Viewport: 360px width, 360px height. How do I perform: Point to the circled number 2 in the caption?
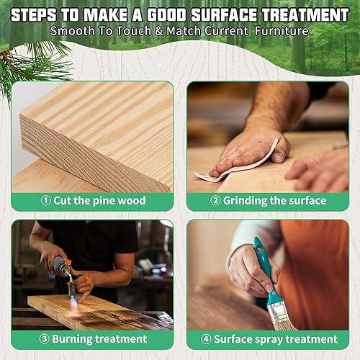[x=215, y=201]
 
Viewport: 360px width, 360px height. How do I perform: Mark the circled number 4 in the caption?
[x=206, y=338]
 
